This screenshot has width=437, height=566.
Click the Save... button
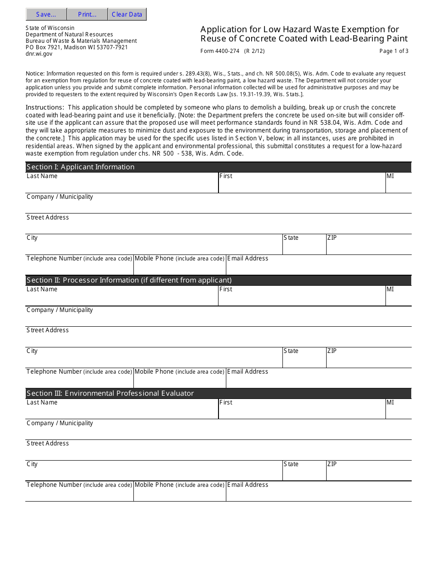coord(46,14)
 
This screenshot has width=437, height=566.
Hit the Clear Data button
coord(127,14)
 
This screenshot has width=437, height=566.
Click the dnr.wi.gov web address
coord(39,54)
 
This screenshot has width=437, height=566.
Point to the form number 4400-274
coord(220,51)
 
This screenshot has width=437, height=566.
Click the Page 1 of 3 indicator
coord(394,51)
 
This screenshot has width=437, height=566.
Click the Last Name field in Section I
coord(122,185)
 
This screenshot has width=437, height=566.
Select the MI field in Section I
coord(398,185)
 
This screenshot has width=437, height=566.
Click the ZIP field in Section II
coord(368,360)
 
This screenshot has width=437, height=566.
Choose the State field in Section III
coord(304,474)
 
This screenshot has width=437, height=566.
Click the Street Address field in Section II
coord(218,340)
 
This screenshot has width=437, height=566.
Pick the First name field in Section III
coord(302,411)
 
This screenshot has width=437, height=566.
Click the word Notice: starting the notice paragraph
coord(35,74)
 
